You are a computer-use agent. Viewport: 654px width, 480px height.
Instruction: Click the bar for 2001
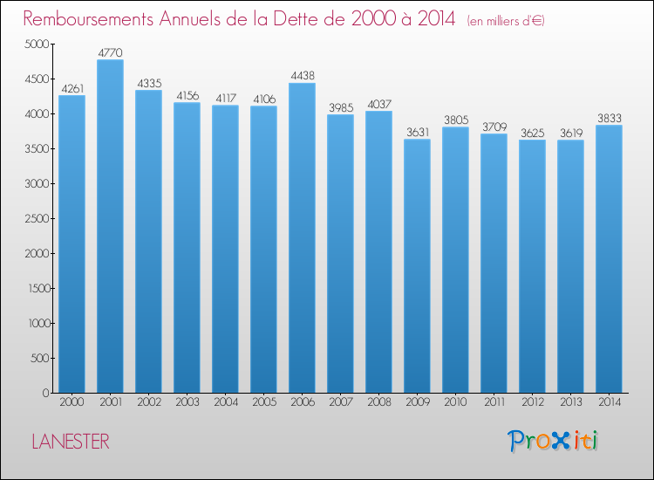point(110,226)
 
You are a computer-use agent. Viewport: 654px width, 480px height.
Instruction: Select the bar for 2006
point(302,238)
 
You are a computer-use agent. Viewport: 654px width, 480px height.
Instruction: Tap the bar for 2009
point(417,266)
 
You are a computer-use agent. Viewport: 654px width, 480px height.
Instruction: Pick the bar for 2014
point(609,259)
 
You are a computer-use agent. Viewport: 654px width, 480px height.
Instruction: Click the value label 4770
point(111,52)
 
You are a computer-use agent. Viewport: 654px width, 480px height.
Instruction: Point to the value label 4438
point(303,76)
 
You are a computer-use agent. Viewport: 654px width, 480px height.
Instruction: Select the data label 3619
point(571,134)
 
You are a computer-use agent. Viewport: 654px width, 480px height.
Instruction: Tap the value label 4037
point(379,104)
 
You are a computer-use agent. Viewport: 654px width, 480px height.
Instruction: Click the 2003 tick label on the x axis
point(187,402)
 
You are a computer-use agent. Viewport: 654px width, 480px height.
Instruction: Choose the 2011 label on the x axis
point(494,402)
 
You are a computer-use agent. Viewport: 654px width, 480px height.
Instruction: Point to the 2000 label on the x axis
point(72,402)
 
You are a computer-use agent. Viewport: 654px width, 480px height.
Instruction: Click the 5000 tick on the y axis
point(37,44)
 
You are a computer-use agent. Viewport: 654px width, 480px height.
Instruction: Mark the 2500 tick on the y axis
point(37,218)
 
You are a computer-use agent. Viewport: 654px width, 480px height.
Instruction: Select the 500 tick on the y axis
point(40,358)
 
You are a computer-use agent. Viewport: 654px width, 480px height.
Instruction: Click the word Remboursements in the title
point(88,18)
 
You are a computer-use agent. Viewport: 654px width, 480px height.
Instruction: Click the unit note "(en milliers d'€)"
point(506,21)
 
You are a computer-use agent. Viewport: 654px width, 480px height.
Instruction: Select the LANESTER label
point(71,442)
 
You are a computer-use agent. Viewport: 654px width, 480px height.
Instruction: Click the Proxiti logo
point(553,441)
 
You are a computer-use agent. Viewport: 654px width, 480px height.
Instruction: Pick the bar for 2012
point(532,266)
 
